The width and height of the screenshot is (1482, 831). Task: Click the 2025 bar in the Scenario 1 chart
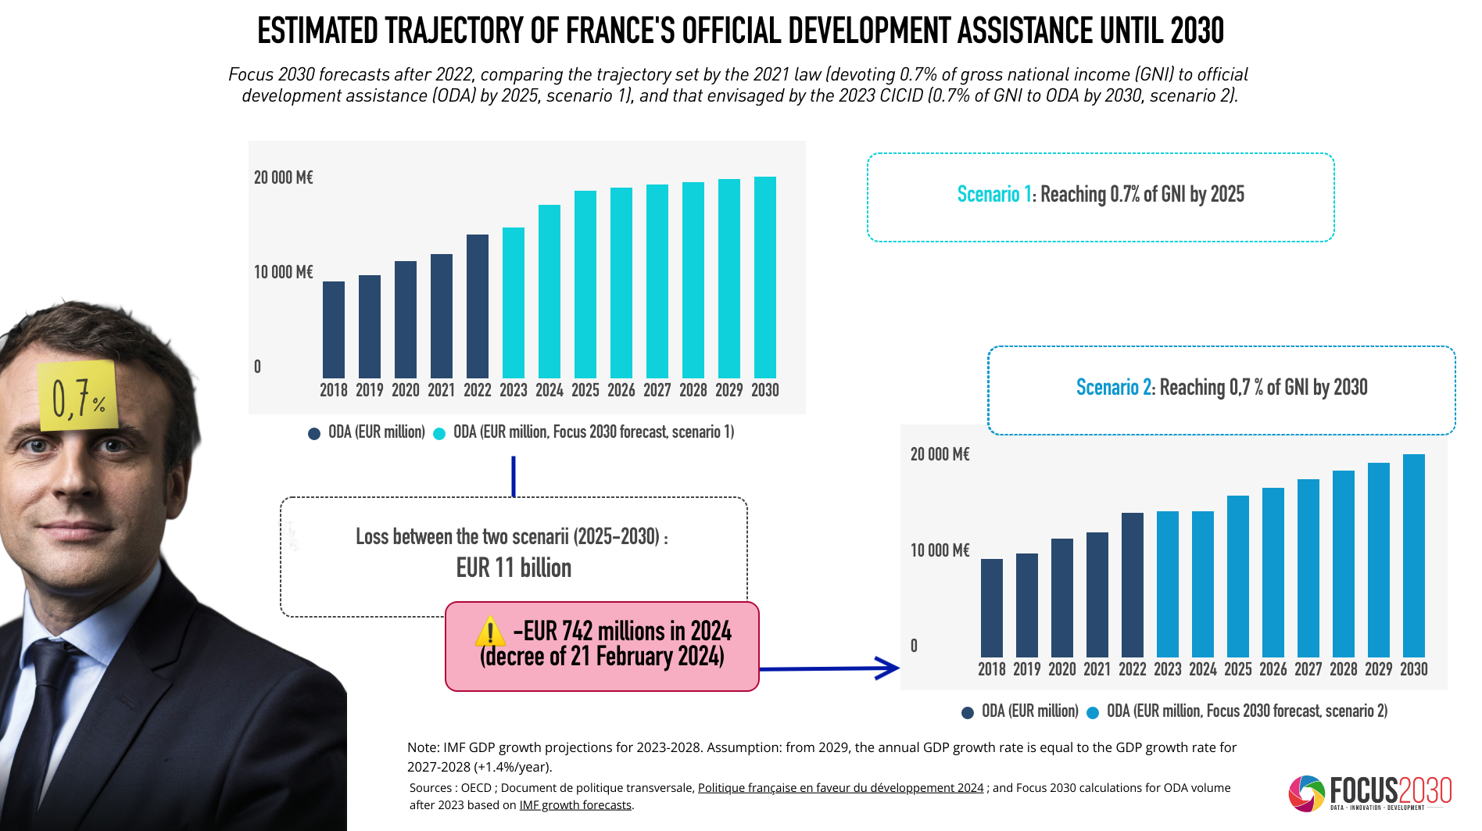(585, 285)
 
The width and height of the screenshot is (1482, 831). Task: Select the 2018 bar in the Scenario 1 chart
(334, 330)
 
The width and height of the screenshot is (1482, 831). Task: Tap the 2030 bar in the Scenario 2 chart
(1413, 555)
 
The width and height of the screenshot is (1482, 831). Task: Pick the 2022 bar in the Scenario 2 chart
(1132, 585)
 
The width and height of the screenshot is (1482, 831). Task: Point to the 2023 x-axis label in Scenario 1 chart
(514, 390)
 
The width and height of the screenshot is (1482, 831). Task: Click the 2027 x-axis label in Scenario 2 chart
(1308, 669)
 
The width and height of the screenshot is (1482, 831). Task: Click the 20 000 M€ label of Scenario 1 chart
(283, 177)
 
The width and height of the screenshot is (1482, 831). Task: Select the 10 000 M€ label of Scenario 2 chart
(940, 550)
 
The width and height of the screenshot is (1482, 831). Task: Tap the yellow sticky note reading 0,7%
(77, 396)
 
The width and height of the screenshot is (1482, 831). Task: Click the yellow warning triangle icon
(490, 632)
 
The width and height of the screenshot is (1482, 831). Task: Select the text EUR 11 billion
(514, 568)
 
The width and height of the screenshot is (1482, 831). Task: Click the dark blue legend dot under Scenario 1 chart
(314, 433)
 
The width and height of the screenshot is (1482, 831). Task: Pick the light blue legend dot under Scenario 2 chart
(1093, 712)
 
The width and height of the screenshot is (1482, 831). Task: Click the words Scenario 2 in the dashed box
(1113, 387)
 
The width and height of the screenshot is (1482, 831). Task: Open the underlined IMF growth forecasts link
(575, 805)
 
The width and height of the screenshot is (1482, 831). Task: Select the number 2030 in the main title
(1197, 31)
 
